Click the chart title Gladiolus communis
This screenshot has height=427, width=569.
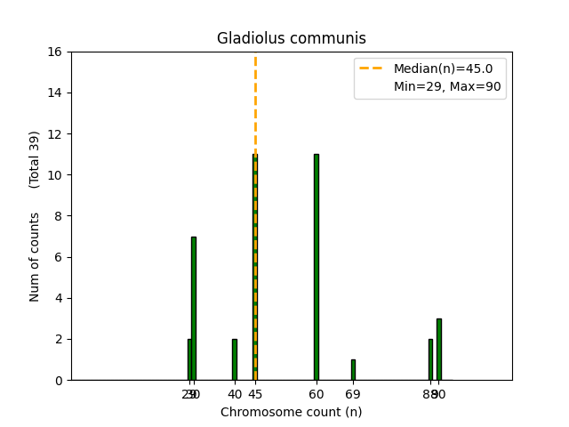click(292, 38)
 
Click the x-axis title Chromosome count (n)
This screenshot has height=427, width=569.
click(292, 412)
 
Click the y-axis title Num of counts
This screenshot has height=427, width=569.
click(35, 257)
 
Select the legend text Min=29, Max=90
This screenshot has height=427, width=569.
click(449, 86)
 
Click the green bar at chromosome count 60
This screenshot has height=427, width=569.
click(316, 267)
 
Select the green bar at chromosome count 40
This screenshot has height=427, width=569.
click(235, 359)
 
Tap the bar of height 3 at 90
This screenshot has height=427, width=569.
click(439, 349)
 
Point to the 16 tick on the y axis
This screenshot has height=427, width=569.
click(55, 52)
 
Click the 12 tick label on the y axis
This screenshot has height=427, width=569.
click(55, 134)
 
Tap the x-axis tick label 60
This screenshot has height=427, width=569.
click(317, 394)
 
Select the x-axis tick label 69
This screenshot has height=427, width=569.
click(353, 394)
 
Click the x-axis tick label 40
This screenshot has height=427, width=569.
click(235, 394)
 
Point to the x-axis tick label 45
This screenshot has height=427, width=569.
click(255, 394)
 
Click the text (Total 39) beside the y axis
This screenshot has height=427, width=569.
click(35, 159)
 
